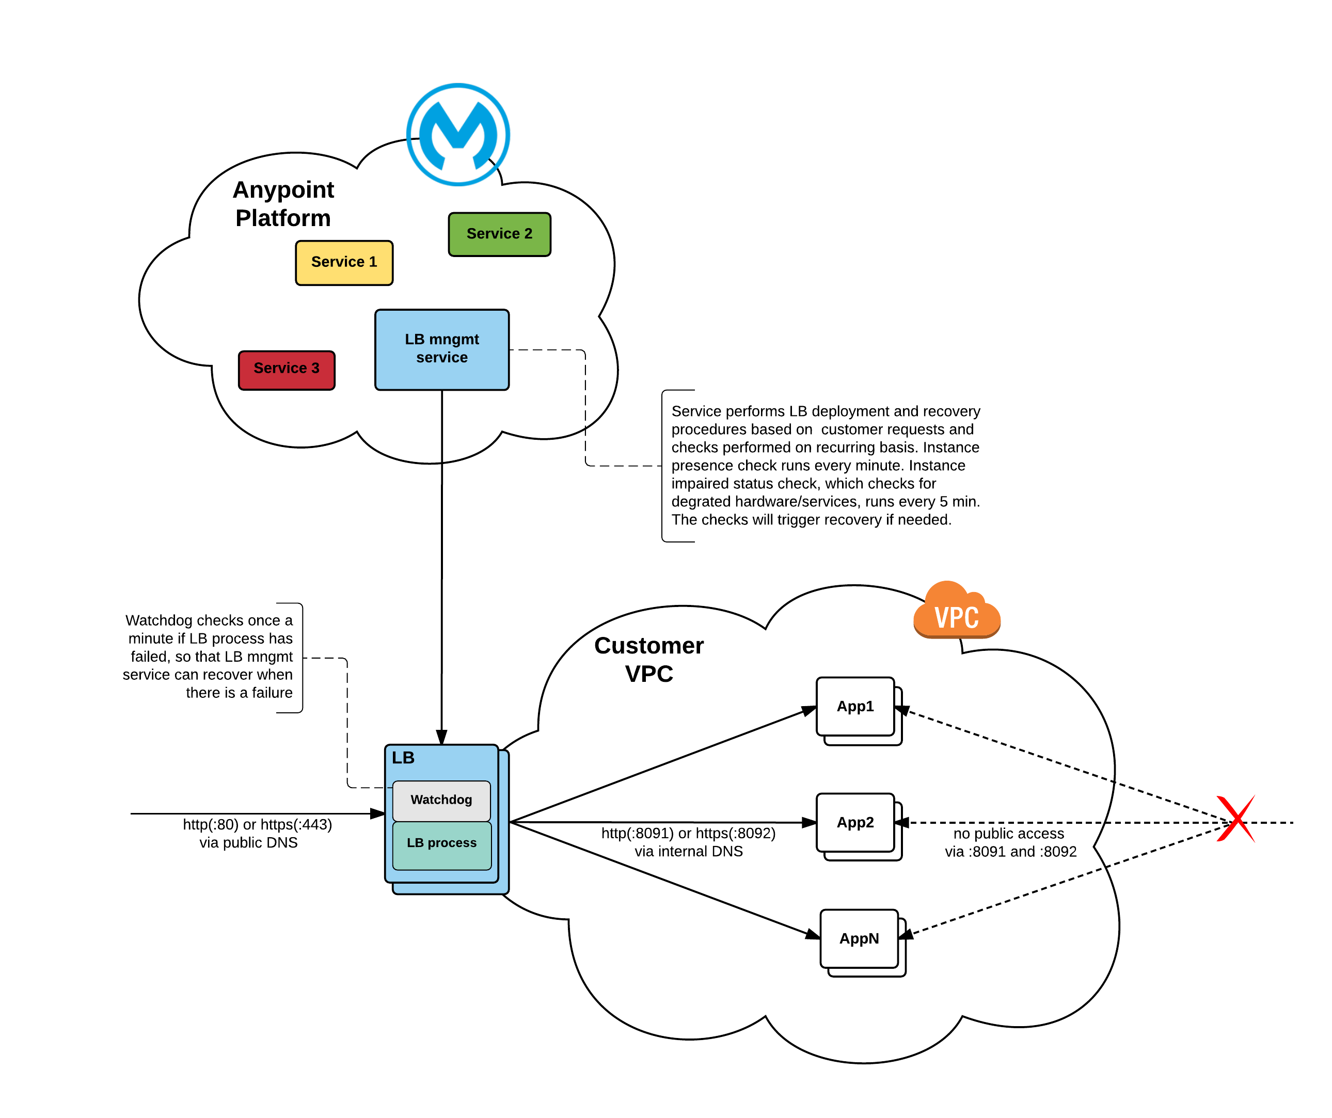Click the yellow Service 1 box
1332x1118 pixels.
point(344,263)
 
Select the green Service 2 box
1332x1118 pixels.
point(499,234)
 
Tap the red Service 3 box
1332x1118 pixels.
point(286,370)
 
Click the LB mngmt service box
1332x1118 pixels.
point(441,349)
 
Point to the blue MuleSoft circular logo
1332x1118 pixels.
point(458,134)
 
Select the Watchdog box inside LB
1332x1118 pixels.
point(441,800)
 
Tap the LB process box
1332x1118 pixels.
point(441,844)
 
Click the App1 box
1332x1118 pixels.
point(855,707)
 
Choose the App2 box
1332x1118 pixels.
point(855,823)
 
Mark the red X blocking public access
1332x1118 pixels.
point(1235,819)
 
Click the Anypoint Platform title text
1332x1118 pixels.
point(283,203)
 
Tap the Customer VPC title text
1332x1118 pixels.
point(648,660)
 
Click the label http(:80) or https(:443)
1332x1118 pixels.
point(257,825)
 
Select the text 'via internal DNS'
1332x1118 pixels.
point(688,852)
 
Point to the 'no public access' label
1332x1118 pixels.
point(1008,834)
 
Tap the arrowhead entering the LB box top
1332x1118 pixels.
point(441,737)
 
